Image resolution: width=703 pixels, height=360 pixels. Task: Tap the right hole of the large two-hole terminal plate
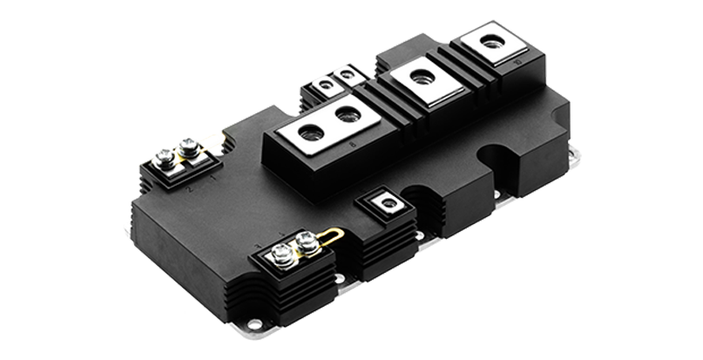click(346, 113)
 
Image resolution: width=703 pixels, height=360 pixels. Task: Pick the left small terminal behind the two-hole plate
click(326, 85)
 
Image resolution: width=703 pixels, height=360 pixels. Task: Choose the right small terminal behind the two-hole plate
click(348, 75)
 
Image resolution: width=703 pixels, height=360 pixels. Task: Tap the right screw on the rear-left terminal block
click(186, 146)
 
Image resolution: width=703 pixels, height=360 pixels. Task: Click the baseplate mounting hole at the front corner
click(253, 323)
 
